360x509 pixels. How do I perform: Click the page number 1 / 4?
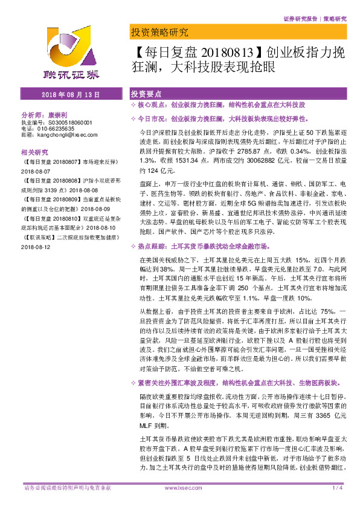point(338,487)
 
